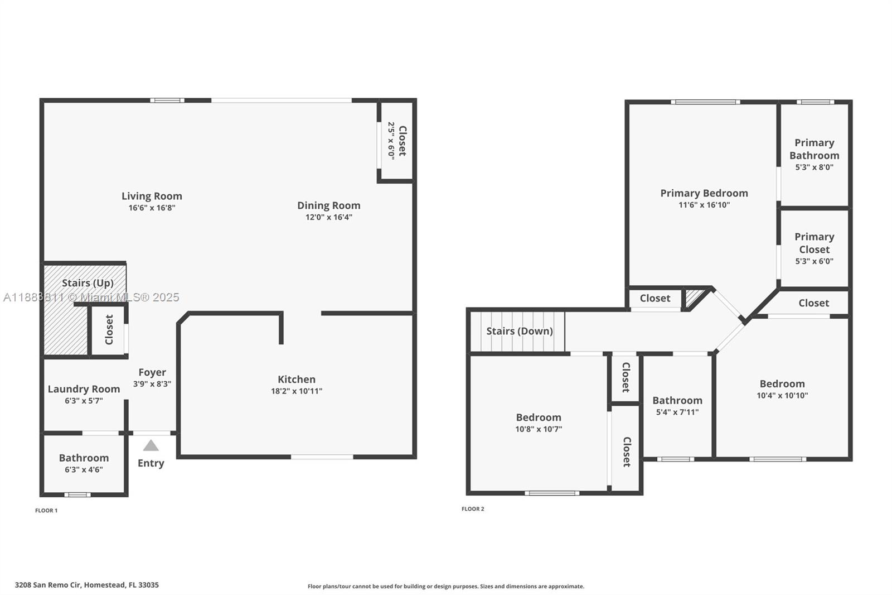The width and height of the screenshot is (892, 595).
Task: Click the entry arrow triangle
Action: coord(151,445)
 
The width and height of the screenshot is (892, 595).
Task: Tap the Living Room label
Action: coord(152,196)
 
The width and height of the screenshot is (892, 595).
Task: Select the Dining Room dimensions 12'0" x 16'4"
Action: coord(328,217)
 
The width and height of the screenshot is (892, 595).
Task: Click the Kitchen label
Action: coord(297,380)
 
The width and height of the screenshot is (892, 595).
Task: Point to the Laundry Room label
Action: coord(84,389)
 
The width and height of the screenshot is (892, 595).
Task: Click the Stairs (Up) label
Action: coord(88,283)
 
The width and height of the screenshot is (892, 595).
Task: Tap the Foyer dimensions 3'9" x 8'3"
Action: coord(152,384)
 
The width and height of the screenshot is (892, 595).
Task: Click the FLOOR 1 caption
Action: coord(46,510)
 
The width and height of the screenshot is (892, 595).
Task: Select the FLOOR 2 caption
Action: coord(473,508)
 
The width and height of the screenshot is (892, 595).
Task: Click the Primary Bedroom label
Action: coord(704,193)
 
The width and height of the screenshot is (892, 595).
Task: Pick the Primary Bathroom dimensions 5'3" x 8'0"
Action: coord(814,167)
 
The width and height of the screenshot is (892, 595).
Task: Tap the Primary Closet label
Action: coord(814,243)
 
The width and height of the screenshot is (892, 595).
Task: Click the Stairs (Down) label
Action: coord(520,331)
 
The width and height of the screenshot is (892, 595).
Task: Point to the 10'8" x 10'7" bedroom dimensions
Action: coord(539,429)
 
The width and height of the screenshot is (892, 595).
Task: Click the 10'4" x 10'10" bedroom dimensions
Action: coord(782,395)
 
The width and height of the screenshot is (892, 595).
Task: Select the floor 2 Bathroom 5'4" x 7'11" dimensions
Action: coord(677,412)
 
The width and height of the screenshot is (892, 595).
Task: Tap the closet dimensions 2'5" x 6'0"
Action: coord(391,141)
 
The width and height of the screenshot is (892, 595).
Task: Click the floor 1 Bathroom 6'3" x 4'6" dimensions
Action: coord(84,469)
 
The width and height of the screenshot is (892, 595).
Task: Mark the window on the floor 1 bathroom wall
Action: coord(77,495)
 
